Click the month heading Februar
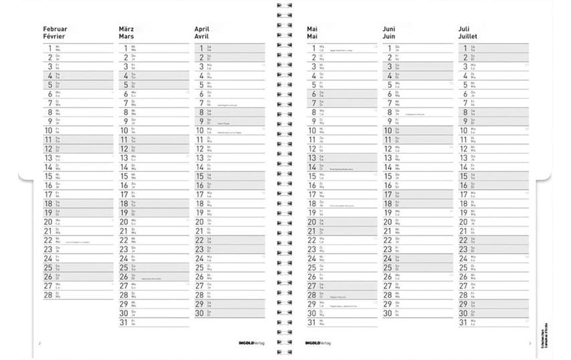(55, 29)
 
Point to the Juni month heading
(389, 29)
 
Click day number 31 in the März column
(123, 322)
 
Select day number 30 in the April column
(199, 312)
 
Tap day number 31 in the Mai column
(311, 322)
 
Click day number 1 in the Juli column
(464, 48)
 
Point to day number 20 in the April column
(199, 221)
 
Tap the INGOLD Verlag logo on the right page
(318, 343)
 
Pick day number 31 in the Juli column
(463, 322)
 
